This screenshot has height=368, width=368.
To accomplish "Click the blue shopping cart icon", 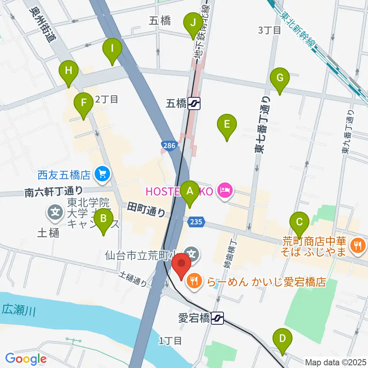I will click(102, 175).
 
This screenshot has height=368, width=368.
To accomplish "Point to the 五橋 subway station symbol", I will click(195, 103).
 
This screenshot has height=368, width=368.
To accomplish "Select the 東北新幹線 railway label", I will click(301, 29).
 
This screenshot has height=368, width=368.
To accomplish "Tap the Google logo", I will click(25, 359).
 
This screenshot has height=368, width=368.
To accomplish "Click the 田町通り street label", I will click(147, 210).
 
